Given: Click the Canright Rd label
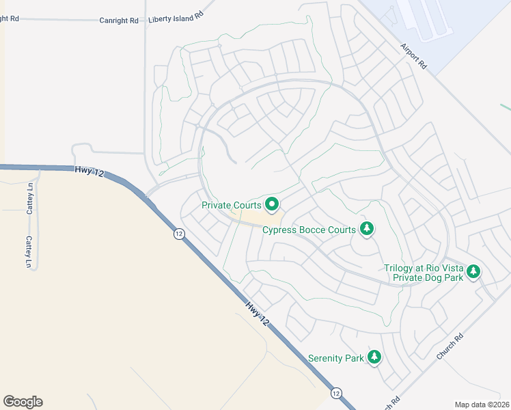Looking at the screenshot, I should point(120,20).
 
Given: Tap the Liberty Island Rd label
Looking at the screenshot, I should point(176,16).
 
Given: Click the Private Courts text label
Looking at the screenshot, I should point(232,205).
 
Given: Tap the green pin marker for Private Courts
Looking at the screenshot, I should point(272,204).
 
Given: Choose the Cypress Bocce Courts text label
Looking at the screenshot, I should point(309,230).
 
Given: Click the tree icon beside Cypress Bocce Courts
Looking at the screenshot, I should point(367,228).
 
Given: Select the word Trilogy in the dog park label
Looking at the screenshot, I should point(399,268).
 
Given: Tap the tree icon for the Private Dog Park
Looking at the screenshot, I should point(473,273).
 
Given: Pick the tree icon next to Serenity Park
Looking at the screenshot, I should point(374,357).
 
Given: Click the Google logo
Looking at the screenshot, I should point(23,402).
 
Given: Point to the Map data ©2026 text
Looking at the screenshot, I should point(482,405).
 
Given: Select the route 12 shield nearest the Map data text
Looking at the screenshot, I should point(336,393).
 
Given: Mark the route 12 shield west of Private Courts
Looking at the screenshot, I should point(179,234).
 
